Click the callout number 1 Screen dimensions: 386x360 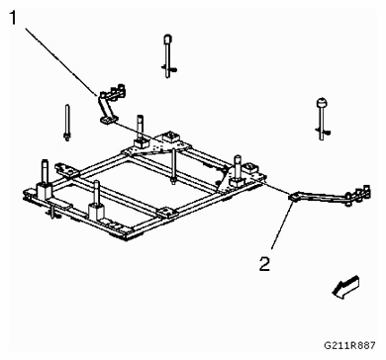coord(13,18)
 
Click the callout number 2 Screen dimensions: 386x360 coord(264,264)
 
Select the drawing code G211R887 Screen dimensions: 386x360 coord(349,345)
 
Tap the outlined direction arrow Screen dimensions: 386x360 coord(345,288)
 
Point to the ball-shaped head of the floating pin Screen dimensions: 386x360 coord(322,103)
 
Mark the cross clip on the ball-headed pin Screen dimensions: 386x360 coord(325,133)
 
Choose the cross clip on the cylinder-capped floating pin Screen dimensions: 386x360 coord(170,68)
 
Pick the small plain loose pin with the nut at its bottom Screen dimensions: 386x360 coord(67,123)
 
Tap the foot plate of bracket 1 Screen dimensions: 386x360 coord(107,120)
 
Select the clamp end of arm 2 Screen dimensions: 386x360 coord(358,195)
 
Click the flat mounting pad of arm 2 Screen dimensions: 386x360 coord(295,197)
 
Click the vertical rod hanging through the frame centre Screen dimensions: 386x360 coord(173,166)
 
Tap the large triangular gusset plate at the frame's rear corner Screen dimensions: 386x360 coord(157,145)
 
